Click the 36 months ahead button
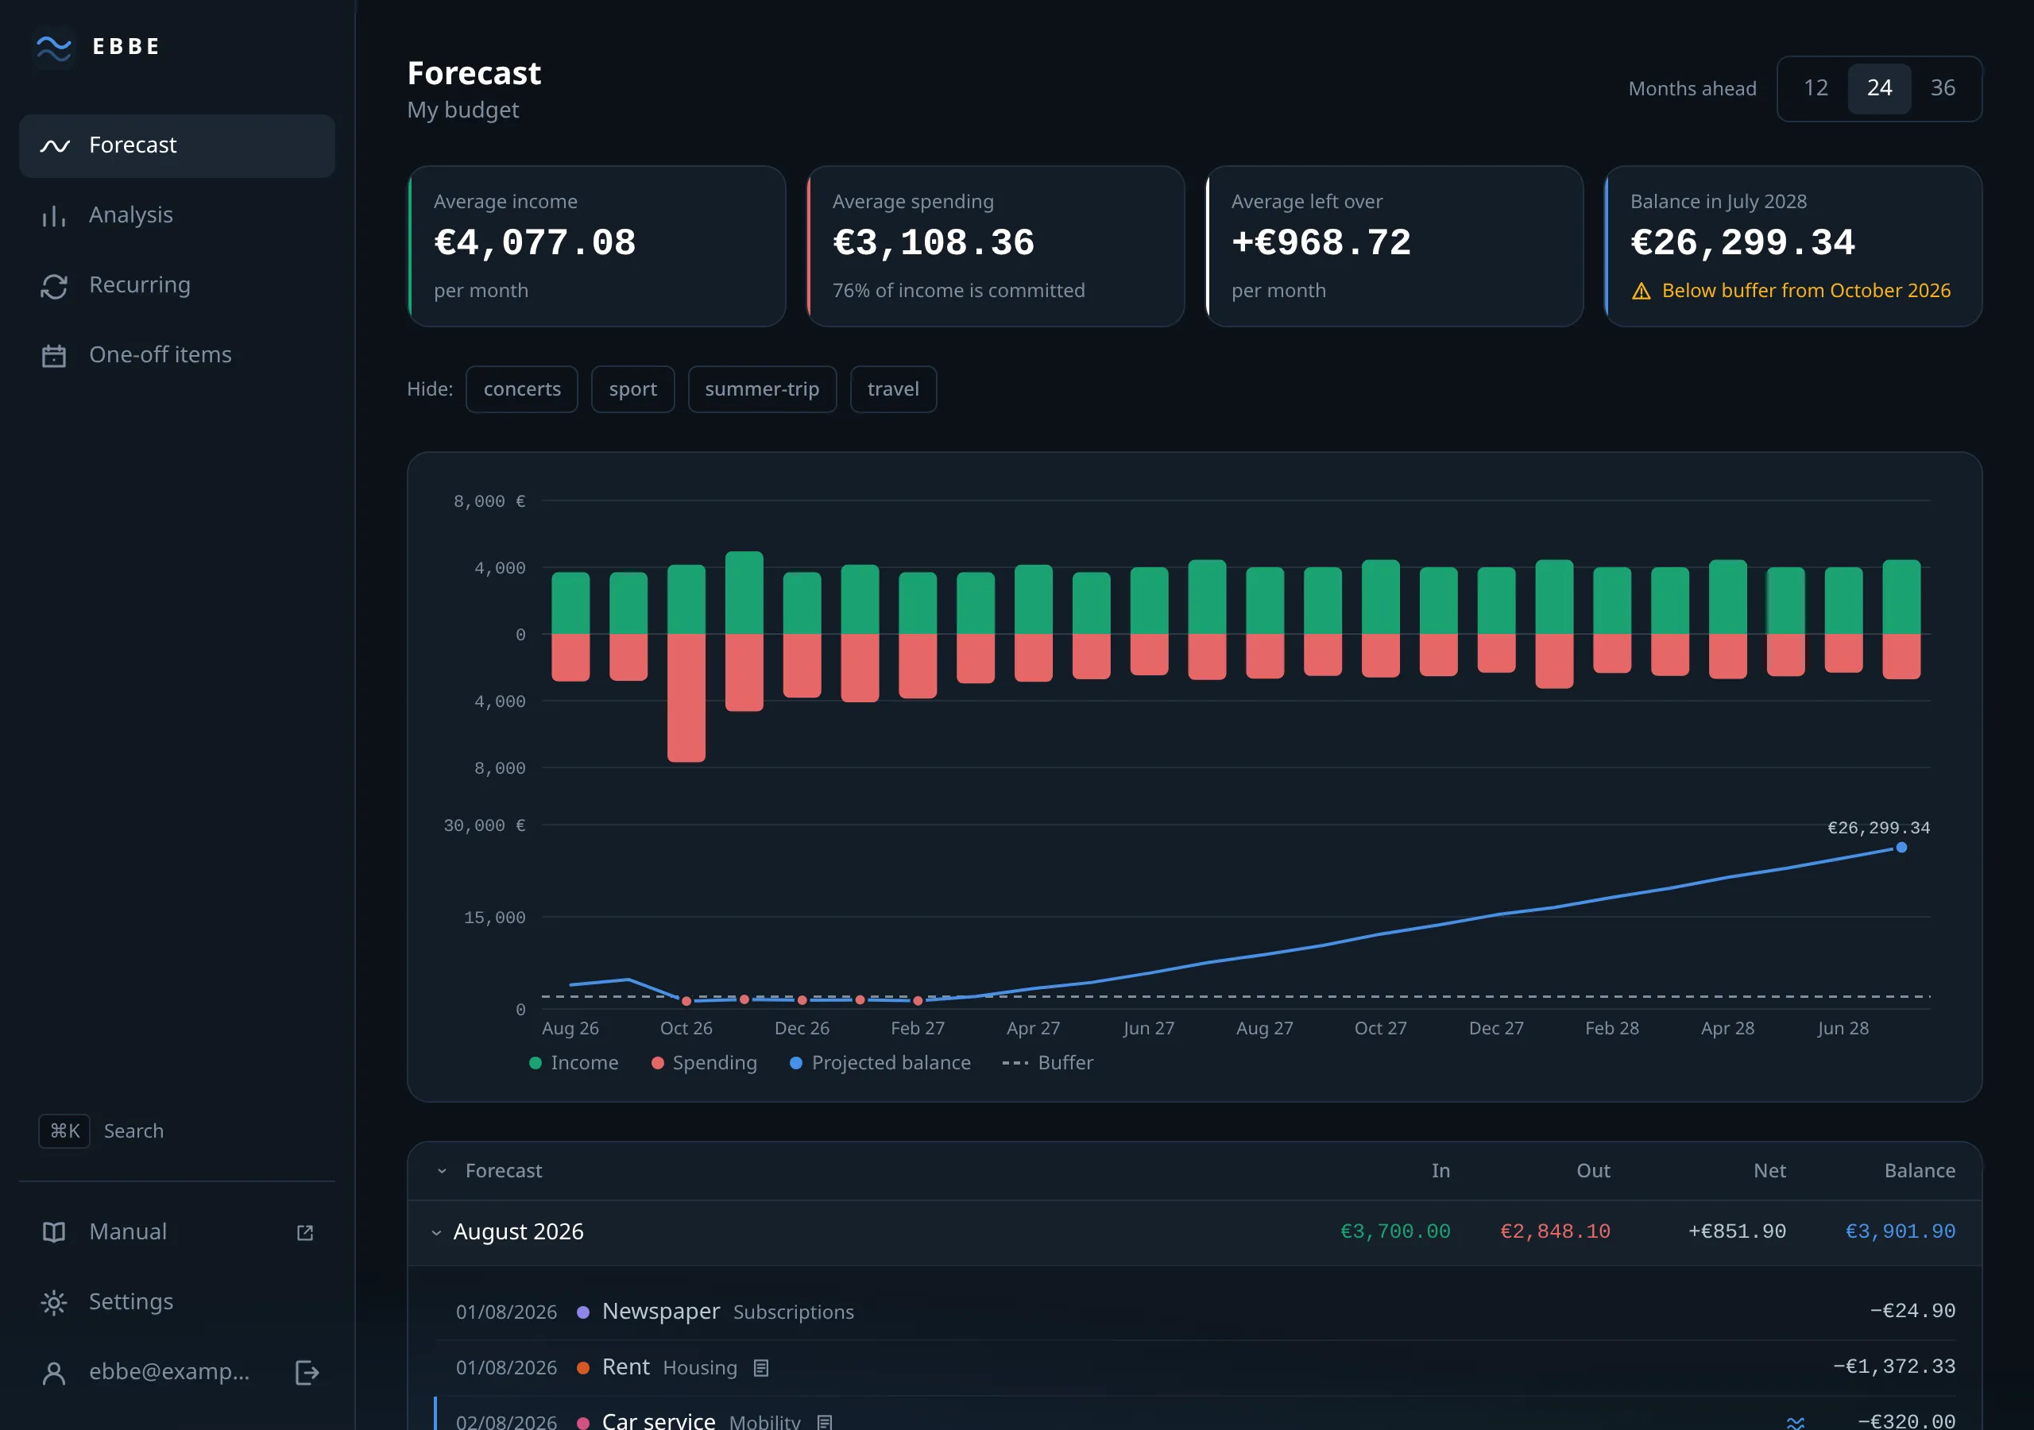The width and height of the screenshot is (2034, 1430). point(1942,87)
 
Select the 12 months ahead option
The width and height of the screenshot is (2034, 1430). point(1816,87)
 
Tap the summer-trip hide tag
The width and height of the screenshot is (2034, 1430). point(762,390)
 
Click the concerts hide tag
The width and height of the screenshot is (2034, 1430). point(522,390)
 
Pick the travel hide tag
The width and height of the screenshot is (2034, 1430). point(893,390)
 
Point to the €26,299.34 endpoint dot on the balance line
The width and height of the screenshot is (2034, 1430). point(1901,848)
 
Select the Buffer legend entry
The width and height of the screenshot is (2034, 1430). point(1047,1062)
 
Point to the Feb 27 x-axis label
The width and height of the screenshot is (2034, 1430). point(918,1028)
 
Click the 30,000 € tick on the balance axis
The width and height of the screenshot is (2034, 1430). point(485,825)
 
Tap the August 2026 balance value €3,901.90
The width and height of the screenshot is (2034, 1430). point(1901,1231)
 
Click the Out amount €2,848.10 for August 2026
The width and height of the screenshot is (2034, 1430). point(1555,1231)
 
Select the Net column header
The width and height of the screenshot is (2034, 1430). point(1769,1170)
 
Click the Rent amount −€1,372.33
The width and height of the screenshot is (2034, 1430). point(1894,1366)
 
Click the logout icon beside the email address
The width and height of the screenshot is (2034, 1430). point(307,1373)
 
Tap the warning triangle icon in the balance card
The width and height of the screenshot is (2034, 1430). point(1641,292)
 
